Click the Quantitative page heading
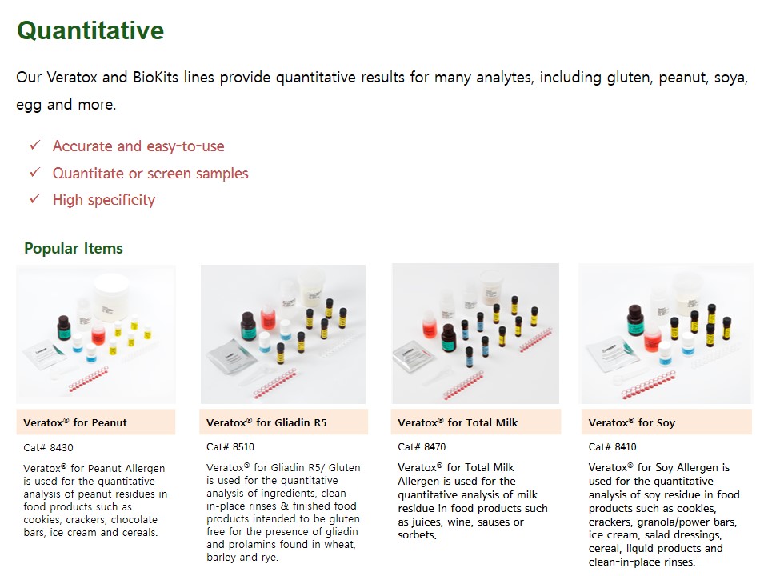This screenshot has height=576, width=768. (x=90, y=31)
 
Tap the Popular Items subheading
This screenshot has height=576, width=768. (x=74, y=248)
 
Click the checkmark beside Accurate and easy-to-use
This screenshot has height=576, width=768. (x=34, y=146)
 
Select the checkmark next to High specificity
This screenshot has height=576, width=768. (x=34, y=199)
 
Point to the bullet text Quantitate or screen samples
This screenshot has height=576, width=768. (x=150, y=174)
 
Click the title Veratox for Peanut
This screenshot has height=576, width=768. (x=75, y=422)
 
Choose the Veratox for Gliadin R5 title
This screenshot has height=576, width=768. (x=266, y=422)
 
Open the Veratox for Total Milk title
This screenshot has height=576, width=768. (x=458, y=422)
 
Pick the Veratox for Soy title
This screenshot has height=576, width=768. (x=632, y=422)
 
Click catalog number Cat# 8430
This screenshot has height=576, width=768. (x=48, y=448)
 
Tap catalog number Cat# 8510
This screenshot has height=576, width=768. (x=230, y=446)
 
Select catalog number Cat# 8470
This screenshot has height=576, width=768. (x=422, y=446)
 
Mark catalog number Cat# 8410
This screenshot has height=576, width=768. (x=612, y=446)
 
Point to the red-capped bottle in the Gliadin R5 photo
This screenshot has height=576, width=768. (x=267, y=317)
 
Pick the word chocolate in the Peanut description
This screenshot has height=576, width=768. (x=134, y=520)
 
